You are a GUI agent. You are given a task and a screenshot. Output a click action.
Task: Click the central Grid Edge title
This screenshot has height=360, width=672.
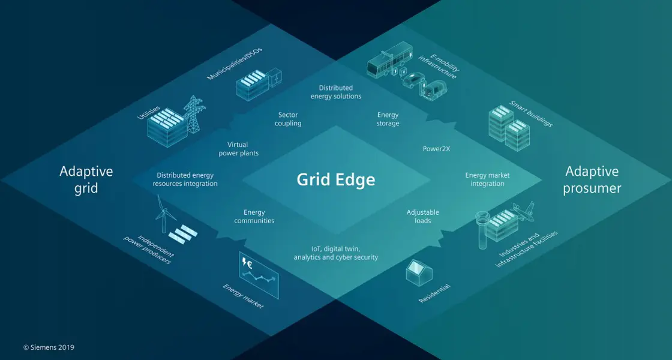click(336, 179)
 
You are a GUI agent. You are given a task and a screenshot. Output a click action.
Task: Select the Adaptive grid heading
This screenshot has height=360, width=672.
click(86, 179)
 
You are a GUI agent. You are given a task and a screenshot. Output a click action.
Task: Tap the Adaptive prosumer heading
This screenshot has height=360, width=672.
click(592, 179)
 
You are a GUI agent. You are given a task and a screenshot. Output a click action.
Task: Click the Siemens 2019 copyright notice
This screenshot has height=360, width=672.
click(49, 347)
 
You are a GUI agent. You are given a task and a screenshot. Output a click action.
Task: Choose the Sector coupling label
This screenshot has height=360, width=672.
click(288, 119)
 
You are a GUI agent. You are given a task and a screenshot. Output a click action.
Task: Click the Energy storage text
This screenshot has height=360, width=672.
click(388, 119)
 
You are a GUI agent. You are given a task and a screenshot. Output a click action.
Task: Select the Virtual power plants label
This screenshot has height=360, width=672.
click(238, 149)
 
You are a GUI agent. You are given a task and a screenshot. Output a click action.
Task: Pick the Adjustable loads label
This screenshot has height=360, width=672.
click(422, 216)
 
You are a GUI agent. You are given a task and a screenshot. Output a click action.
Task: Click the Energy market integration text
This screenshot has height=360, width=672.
click(487, 179)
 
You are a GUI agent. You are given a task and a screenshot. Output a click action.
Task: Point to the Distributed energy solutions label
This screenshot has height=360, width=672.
click(336, 92)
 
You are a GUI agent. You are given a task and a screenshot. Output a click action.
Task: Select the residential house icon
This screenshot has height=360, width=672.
click(420, 272)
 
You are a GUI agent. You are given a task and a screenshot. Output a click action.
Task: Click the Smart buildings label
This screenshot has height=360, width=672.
click(530, 113)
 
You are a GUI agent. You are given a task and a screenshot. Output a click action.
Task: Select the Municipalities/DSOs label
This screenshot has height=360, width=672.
click(235, 63)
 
